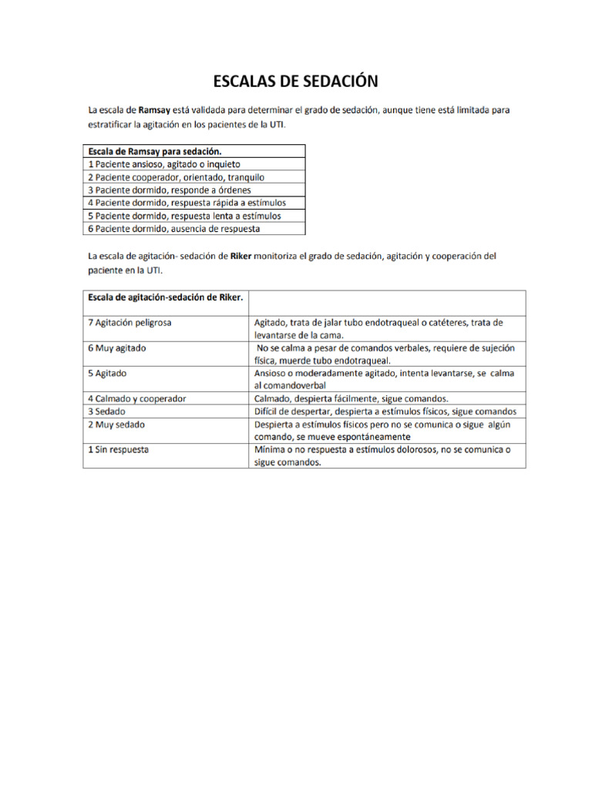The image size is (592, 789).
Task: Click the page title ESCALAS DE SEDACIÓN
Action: click(x=295, y=81)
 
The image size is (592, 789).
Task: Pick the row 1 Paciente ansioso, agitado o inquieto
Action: click(x=163, y=164)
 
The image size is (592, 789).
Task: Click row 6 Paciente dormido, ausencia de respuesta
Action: click(x=173, y=229)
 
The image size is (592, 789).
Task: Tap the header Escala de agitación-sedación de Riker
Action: click(x=166, y=297)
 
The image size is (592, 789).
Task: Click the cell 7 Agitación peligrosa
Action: click(x=130, y=323)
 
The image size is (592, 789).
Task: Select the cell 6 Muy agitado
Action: click(x=117, y=348)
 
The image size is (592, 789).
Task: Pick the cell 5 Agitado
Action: click(x=108, y=373)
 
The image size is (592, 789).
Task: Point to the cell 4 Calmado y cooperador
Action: click(x=137, y=398)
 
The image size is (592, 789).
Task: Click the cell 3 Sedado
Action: click(x=107, y=411)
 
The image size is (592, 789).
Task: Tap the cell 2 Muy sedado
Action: click(x=116, y=425)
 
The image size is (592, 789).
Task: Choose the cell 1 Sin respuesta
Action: click(x=119, y=449)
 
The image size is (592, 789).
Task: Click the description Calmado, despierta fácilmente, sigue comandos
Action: click(x=351, y=398)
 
